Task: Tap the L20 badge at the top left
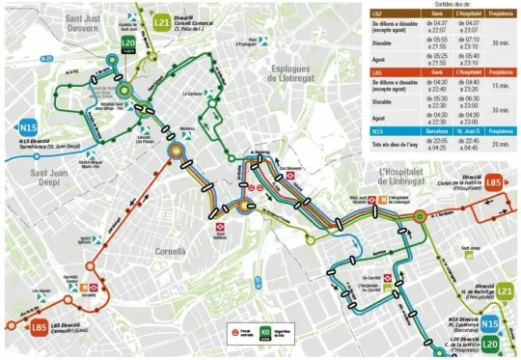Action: tap(128, 43)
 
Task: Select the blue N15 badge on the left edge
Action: tap(27, 126)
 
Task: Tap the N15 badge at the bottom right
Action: tap(490, 325)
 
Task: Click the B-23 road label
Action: tap(46, 58)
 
